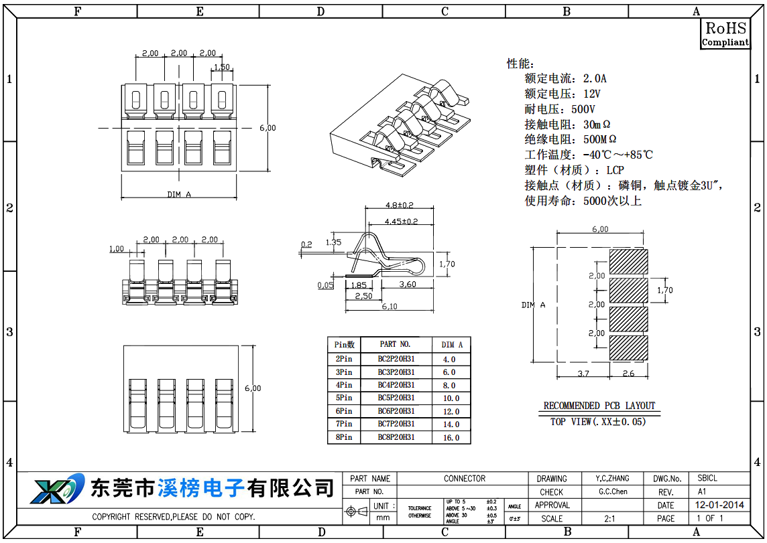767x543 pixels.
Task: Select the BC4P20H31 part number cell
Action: tap(396, 385)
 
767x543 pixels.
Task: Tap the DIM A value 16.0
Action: tap(451, 438)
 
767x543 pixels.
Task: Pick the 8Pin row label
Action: tap(344, 437)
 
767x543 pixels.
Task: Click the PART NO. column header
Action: tap(395, 344)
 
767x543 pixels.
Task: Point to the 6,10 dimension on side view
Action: tap(389, 307)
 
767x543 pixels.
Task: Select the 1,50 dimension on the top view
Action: tap(221, 67)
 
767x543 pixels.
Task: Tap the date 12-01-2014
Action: tap(719, 506)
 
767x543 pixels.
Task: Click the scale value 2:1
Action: tap(610, 518)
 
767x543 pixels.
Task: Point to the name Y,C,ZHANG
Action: tap(613, 479)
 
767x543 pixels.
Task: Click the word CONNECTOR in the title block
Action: tap(464, 479)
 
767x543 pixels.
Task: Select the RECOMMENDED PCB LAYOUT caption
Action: tap(599, 406)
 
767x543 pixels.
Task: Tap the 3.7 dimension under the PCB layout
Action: tap(583, 374)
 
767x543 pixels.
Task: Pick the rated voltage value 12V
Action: tap(591, 94)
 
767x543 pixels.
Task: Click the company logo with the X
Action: tap(56, 488)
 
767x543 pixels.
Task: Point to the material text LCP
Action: tap(615, 170)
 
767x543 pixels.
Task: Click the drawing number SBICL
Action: tap(707, 479)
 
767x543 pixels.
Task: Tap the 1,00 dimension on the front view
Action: tap(117, 249)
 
